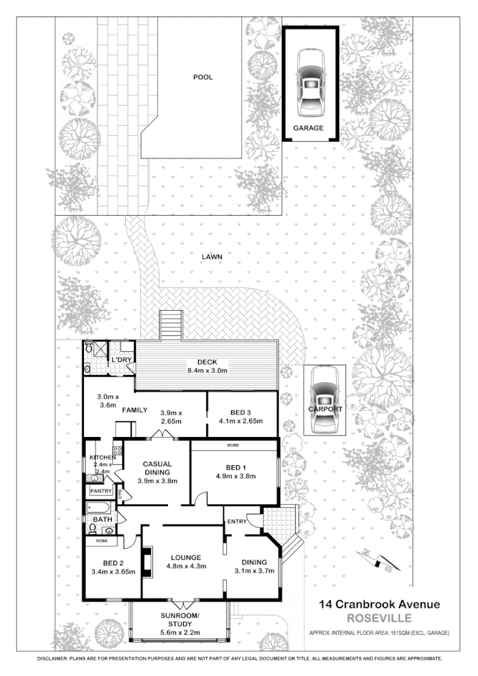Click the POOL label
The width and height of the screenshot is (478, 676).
click(x=202, y=77)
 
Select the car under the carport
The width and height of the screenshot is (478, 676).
click(x=323, y=401)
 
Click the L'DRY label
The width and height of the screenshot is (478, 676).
click(x=122, y=360)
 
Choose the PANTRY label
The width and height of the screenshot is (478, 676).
click(x=101, y=490)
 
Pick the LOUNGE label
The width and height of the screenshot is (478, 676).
click(x=184, y=556)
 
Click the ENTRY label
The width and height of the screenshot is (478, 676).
click(x=237, y=522)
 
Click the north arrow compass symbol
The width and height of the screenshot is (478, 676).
click(x=378, y=560)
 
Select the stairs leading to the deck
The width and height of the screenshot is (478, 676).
click(x=171, y=325)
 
